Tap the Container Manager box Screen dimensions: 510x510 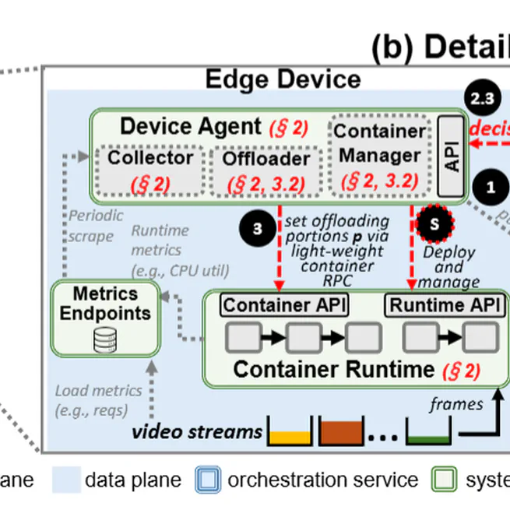[380, 156]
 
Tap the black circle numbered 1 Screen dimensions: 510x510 [490, 187]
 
